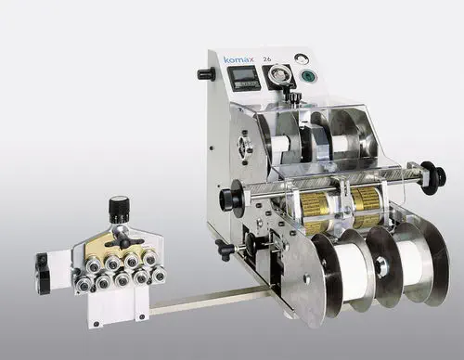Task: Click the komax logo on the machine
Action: pos(239,60)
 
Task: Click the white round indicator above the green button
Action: pos(299,58)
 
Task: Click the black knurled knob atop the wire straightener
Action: pos(118,207)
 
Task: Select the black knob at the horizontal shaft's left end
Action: pos(226,199)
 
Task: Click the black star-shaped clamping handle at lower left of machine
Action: pos(224,249)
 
